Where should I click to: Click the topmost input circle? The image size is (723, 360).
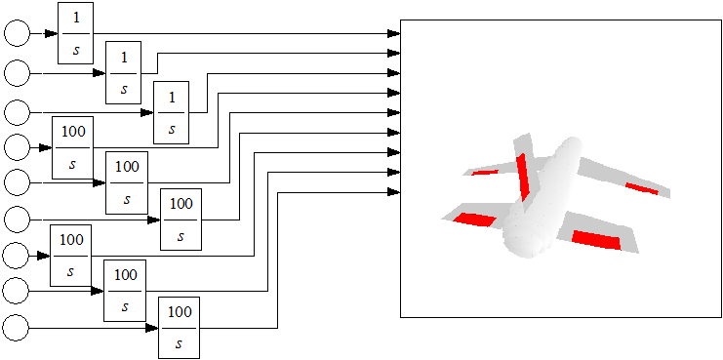(x=17, y=33)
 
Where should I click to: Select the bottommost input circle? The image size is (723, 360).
(x=16, y=328)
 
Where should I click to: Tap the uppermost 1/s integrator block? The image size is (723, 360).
(x=76, y=33)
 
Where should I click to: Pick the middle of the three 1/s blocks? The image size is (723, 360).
(x=124, y=72)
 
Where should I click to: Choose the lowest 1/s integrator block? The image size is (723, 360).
(x=171, y=112)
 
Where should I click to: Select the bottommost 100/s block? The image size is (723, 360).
(x=180, y=328)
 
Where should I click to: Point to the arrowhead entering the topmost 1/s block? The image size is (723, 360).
(x=51, y=33)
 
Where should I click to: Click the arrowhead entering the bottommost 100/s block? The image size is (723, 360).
(x=152, y=328)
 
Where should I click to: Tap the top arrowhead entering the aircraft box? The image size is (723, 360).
(x=394, y=33)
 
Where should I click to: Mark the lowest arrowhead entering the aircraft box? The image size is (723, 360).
(x=394, y=192)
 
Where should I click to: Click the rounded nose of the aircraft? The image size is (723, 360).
(x=523, y=241)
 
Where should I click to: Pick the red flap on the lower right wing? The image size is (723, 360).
(x=596, y=240)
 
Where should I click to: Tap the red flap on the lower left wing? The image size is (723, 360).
(x=474, y=220)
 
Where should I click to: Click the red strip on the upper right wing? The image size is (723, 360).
(x=641, y=188)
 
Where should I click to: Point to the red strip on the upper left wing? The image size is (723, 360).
(x=485, y=173)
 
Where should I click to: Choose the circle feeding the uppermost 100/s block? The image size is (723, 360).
(x=17, y=147)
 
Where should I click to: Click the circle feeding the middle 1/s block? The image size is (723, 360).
(x=17, y=72)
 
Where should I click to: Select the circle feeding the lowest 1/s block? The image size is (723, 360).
(x=17, y=112)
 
